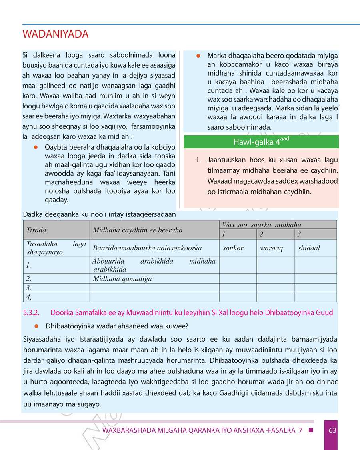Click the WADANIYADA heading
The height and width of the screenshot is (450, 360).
pos(56,34)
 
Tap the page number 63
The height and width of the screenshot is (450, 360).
pos(332,430)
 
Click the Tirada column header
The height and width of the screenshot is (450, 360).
pos(36,230)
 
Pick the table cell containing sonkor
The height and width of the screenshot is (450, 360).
pos(233,248)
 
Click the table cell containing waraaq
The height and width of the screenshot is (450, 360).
pos(271,248)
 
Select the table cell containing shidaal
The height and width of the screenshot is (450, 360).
pos(309,248)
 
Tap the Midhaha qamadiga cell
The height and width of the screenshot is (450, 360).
pos(122,279)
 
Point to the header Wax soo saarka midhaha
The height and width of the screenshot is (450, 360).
pos(262,225)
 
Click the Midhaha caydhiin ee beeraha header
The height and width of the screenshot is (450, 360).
pos(138,230)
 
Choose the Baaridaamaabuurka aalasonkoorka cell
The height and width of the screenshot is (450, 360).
pos(147,248)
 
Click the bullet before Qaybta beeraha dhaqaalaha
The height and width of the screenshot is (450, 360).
pos(36,147)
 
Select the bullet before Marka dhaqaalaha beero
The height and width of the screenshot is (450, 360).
pos(198,56)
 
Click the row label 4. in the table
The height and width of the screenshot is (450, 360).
pos(29,297)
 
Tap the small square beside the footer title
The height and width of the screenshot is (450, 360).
pos(310,430)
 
